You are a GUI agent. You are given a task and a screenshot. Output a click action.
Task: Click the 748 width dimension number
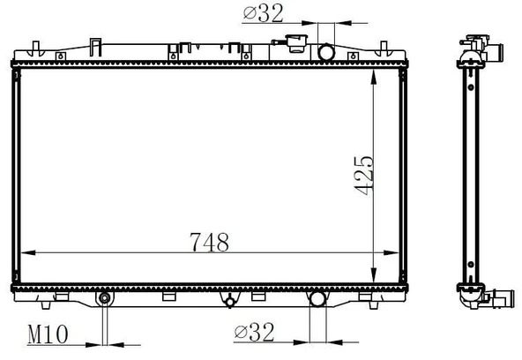209,242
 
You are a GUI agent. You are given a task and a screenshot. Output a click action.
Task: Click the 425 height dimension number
364,175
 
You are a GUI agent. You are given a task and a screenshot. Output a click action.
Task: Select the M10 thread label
48,334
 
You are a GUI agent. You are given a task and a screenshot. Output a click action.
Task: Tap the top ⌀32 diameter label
263,13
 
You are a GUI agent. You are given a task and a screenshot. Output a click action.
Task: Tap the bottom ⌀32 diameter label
254,332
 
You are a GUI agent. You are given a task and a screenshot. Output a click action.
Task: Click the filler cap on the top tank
296,43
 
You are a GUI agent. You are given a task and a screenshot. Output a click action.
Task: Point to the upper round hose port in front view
326,52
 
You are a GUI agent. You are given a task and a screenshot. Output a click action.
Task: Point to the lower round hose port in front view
317,298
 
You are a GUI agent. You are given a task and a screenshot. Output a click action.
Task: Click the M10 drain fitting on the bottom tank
105,298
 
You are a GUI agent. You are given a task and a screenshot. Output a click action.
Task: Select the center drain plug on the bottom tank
229,302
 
